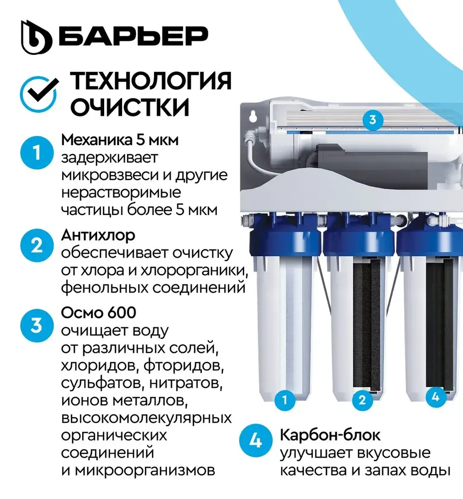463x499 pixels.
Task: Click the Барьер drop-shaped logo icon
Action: [x=36, y=37]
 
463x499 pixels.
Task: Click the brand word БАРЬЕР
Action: [x=134, y=36]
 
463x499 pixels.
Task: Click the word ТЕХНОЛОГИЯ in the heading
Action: [x=151, y=81]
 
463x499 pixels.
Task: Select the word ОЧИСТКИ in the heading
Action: [x=130, y=107]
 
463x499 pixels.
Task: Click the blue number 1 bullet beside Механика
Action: [x=37, y=152]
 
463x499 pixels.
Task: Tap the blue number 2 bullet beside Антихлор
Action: [x=37, y=246]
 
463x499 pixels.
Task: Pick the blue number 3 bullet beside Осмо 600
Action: [x=37, y=325]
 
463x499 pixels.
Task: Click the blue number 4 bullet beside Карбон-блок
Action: [x=256, y=441]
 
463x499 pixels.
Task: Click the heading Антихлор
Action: [x=98, y=236]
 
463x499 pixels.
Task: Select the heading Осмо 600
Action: [x=99, y=312]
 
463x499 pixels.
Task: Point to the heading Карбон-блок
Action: [x=330, y=435]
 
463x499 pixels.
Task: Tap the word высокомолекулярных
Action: [x=146, y=418]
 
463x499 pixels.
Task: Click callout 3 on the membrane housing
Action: [x=373, y=120]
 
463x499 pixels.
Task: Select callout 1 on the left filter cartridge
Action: [x=285, y=400]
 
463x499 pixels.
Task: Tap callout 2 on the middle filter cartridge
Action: [x=362, y=400]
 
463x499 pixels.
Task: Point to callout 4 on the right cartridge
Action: [x=436, y=397]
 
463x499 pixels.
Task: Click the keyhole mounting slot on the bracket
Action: [x=253, y=116]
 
